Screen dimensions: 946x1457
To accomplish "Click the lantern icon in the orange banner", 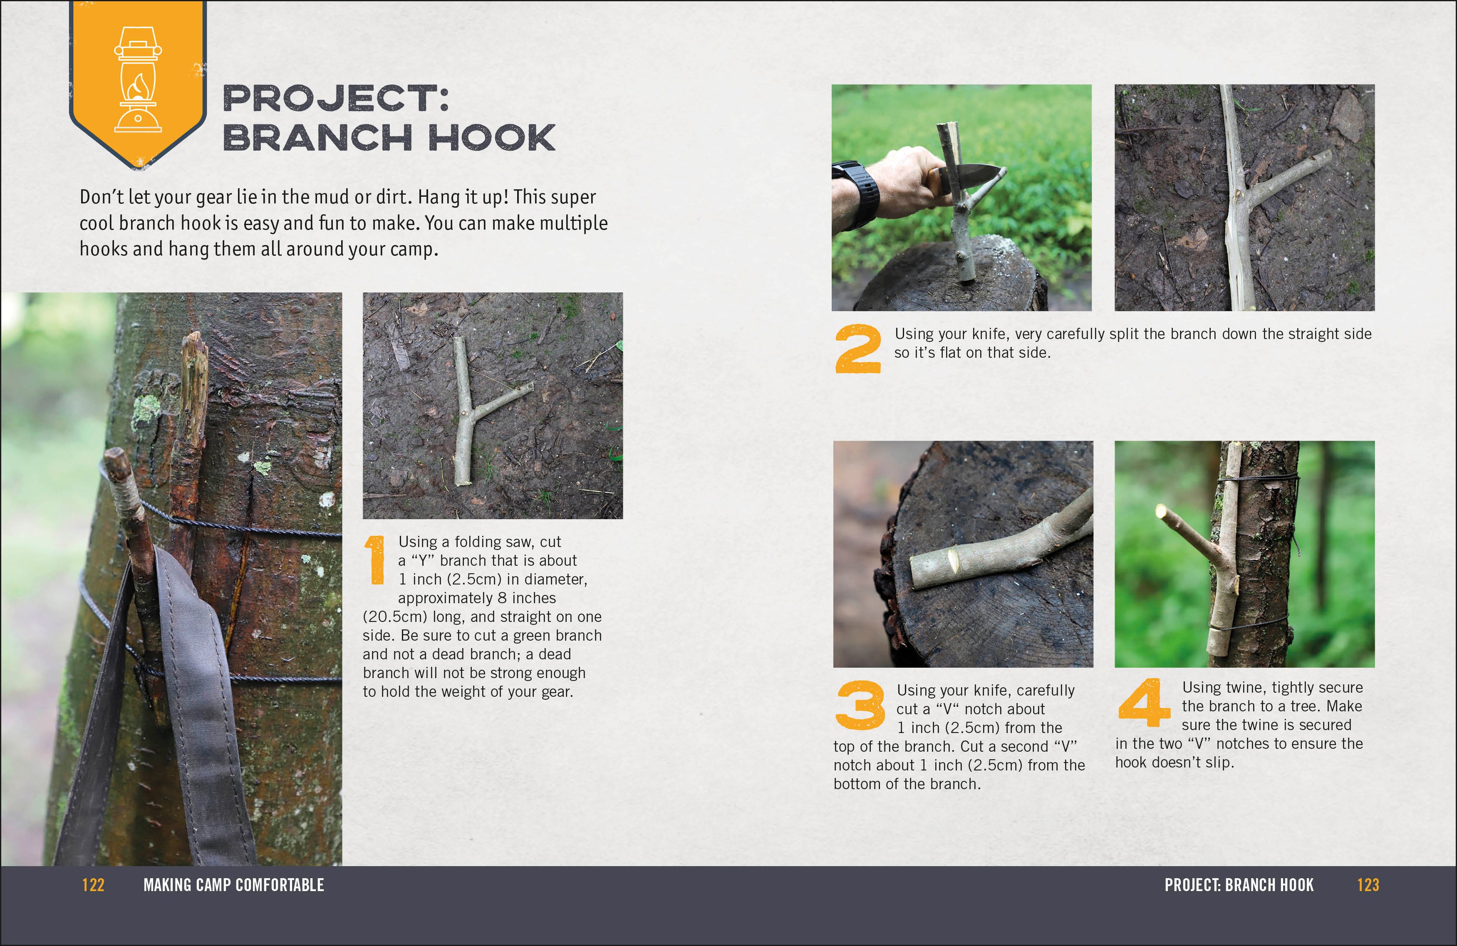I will coord(138,79).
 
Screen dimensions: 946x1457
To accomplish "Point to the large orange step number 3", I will coord(860,706).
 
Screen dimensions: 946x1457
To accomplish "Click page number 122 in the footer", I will coord(93,885).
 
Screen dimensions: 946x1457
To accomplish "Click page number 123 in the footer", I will coord(1368,885).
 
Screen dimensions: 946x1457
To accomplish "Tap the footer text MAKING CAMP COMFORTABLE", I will coord(233,885).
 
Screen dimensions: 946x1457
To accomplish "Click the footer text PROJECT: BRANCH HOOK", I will coord(1239,885).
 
